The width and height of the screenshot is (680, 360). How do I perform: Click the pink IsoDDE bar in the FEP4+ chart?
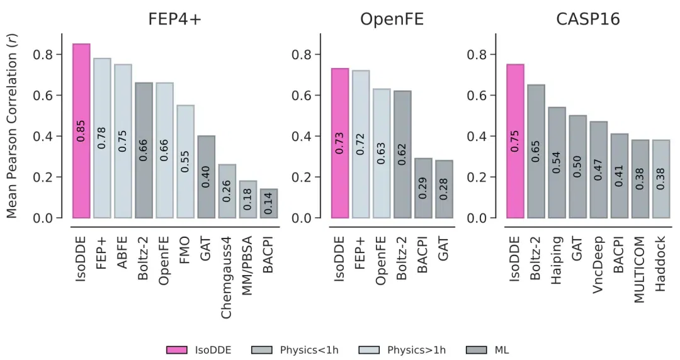coord(81,130)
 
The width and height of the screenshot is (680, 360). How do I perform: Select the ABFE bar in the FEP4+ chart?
coord(123,141)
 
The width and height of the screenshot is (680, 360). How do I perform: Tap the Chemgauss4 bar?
coord(227,191)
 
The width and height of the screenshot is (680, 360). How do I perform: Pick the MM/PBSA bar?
coord(248,199)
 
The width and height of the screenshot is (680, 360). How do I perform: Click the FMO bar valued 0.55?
coord(186,161)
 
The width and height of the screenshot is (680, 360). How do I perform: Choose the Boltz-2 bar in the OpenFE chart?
coord(402,154)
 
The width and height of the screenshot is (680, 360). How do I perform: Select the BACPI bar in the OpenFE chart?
coord(423,188)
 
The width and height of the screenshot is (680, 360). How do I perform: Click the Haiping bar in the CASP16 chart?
coord(557,162)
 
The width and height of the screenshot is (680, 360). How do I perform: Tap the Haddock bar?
coord(661,179)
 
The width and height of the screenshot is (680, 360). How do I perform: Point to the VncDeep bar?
coord(599,169)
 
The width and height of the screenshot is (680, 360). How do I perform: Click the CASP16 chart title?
coord(588,19)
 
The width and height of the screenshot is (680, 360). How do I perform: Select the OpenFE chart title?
coord(392,19)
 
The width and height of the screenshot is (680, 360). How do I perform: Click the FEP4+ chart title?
coord(175,19)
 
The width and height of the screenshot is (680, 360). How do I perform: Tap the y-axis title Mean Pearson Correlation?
coord(12,126)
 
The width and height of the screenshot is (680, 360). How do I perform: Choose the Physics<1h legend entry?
coord(295,350)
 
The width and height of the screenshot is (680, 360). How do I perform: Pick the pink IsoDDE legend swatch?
coord(177,350)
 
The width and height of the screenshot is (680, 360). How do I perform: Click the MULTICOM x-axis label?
coord(640,269)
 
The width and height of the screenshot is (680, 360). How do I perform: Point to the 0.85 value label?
coord(81,131)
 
